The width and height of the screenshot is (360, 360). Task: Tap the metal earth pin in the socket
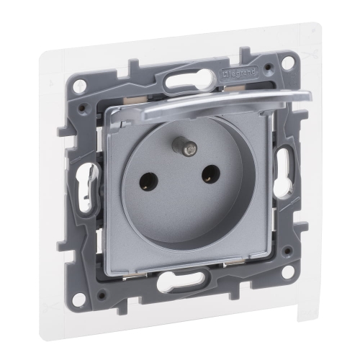(x=186, y=145)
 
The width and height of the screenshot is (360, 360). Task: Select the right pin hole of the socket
(x=211, y=174)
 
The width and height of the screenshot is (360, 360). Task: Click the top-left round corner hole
(x=79, y=87)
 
